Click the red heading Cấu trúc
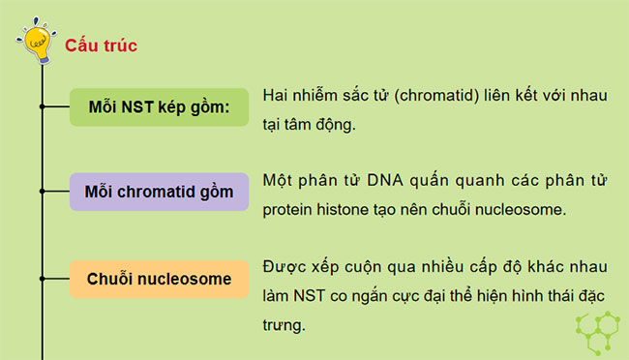click(x=101, y=45)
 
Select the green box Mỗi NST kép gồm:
click(x=159, y=106)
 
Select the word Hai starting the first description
click(x=277, y=97)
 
